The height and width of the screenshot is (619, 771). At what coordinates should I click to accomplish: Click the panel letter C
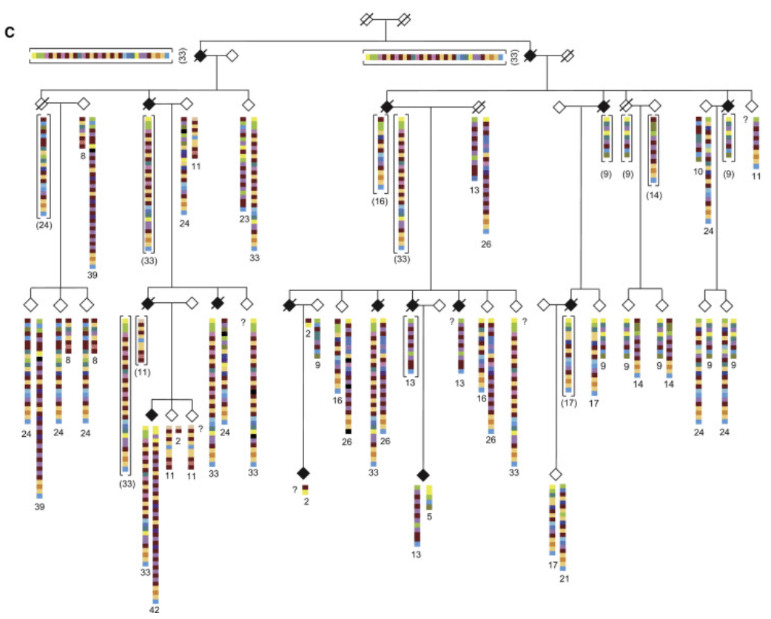pos(10,33)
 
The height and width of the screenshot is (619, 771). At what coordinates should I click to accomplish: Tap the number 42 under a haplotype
pos(155,609)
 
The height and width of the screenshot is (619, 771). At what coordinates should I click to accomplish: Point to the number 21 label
pos(564,578)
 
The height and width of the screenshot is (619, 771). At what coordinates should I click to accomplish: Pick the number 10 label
pos(698,170)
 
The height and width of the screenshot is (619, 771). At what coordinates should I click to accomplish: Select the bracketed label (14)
pos(653,195)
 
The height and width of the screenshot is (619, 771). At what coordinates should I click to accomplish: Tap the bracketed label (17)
pos(568,404)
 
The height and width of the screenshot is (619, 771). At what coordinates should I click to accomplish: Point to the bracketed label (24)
pos(44,225)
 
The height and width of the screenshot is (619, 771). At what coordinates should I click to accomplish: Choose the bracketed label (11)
pos(142,372)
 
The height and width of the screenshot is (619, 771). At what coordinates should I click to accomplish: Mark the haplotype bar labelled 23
pos(243,164)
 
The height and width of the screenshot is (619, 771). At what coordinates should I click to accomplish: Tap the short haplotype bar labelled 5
pos(429,498)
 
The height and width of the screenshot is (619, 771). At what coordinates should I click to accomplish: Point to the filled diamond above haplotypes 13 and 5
pos(422,474)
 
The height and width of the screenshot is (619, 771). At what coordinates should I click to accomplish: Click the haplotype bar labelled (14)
pos(653,149)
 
